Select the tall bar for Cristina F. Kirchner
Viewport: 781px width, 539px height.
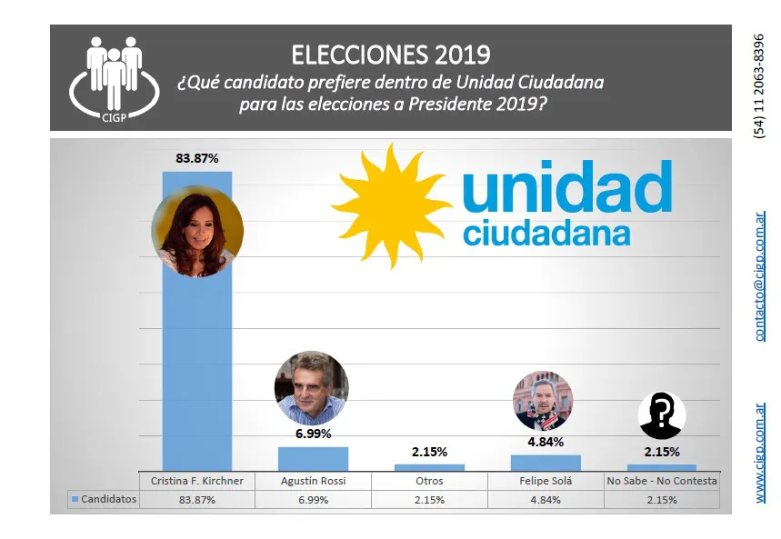pyautogui.click(x=196, y=364)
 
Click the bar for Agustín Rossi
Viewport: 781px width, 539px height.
pyautogui.click(x=313, y=458)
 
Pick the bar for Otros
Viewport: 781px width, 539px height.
pyautogui.click(x=429, y=467)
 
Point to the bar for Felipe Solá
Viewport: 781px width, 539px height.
pyautogui.click(x=546, y=463)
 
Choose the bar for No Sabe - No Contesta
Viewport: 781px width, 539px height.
pyautogui.click(x=662, y=467)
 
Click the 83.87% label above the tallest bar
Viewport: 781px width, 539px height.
pyautogui.click(x=196, y=158)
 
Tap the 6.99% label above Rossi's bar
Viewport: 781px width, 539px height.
pyautogui.click(x=313, y=434)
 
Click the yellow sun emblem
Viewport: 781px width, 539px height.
pyautogui.click(x=391, y=202)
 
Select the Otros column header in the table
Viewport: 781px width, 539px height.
pyautogui.click(x=429, y=481)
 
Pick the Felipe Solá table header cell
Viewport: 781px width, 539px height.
pyautogui.click(x=546, y=481)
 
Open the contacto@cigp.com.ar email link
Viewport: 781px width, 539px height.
pyautogui.click(x=760, y=276)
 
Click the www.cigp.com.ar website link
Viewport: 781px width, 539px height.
pyautogui.click(x=760, y=453)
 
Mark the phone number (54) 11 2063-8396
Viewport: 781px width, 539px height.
pyautogui.click(x=760, y=86)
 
